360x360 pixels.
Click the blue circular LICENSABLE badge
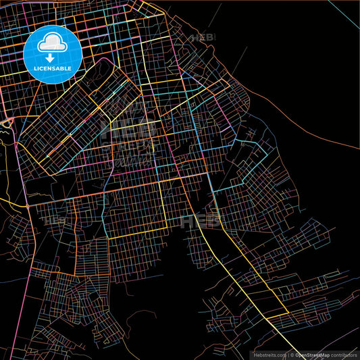click(x=52, y=52)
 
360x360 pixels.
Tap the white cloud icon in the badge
click(x=52, y=45)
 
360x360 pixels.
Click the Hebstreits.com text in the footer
click(x=269, y=354)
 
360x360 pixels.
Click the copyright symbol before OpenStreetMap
click(x=292, y=354)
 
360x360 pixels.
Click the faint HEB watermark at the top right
click(x=202, y=38)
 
